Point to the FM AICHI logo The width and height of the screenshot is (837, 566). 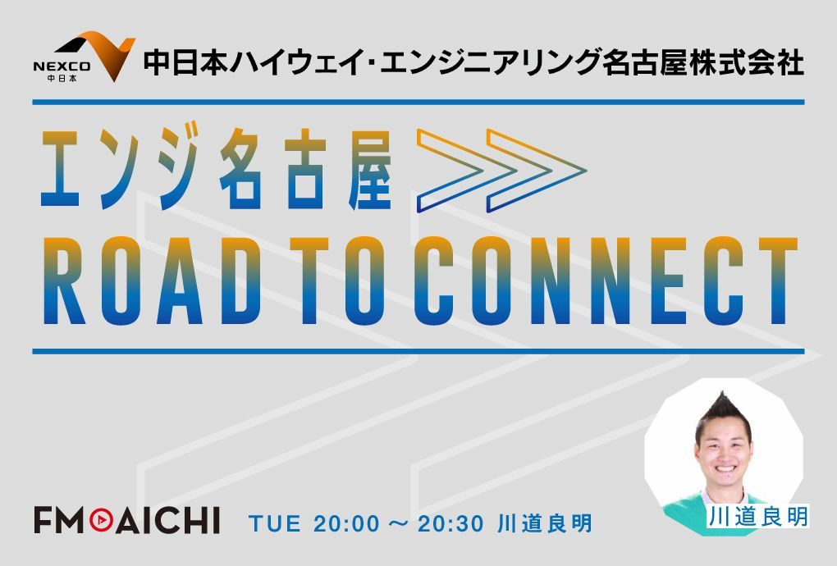126,520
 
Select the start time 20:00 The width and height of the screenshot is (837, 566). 345,523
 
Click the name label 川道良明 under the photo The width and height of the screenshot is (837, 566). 757,517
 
